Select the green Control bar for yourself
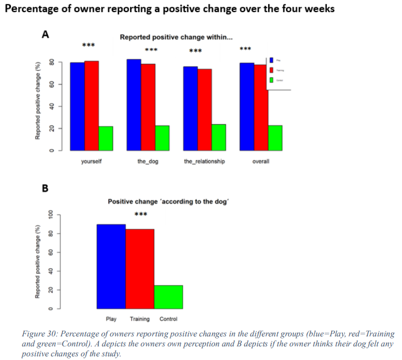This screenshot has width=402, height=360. tap(105, 139)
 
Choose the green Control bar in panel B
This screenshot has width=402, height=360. tap(168, 297)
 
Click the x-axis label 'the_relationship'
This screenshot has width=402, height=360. tap(204, 162)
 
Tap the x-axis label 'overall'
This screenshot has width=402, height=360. tap(261, 162)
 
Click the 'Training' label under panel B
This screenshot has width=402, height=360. tap(140, 319)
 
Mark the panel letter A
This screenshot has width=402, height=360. tap(46, 35)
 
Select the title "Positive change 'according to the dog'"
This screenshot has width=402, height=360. tap(168, 202)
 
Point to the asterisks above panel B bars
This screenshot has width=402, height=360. tap(141, 215)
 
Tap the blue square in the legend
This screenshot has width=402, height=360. tap(271, 60)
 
